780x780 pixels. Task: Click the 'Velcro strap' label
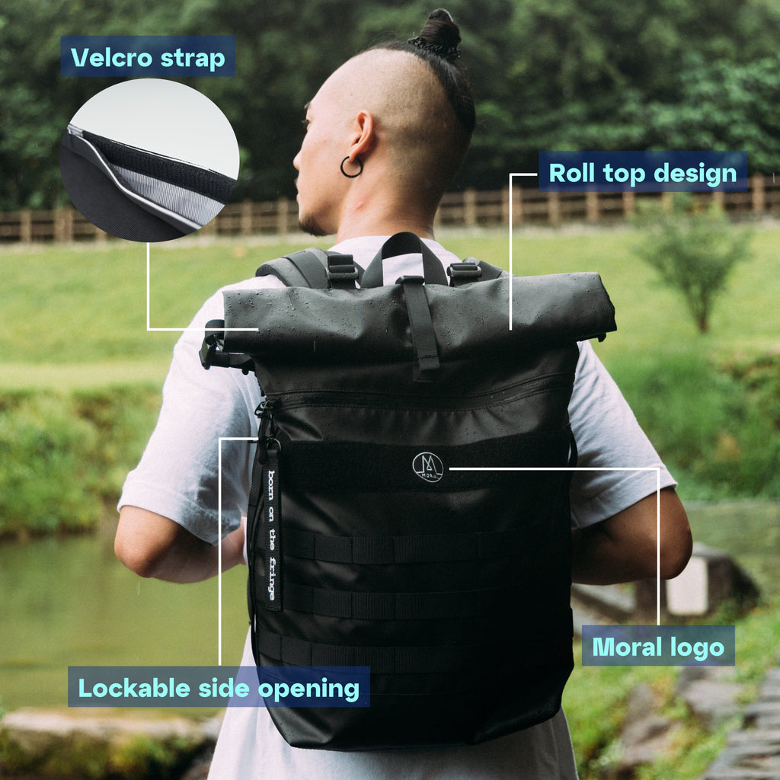(x=148, y=56)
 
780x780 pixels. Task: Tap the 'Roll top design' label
(x=643, y=172)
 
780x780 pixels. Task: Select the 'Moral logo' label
(x=658, y=646)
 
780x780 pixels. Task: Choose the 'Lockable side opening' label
(x=219, y=687)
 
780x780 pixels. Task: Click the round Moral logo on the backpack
(x=428, y=467)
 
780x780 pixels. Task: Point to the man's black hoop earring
(x=351, y=167)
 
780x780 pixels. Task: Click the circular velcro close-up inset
(x=150, y=160)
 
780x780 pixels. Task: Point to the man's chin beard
(x=313, y=226)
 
